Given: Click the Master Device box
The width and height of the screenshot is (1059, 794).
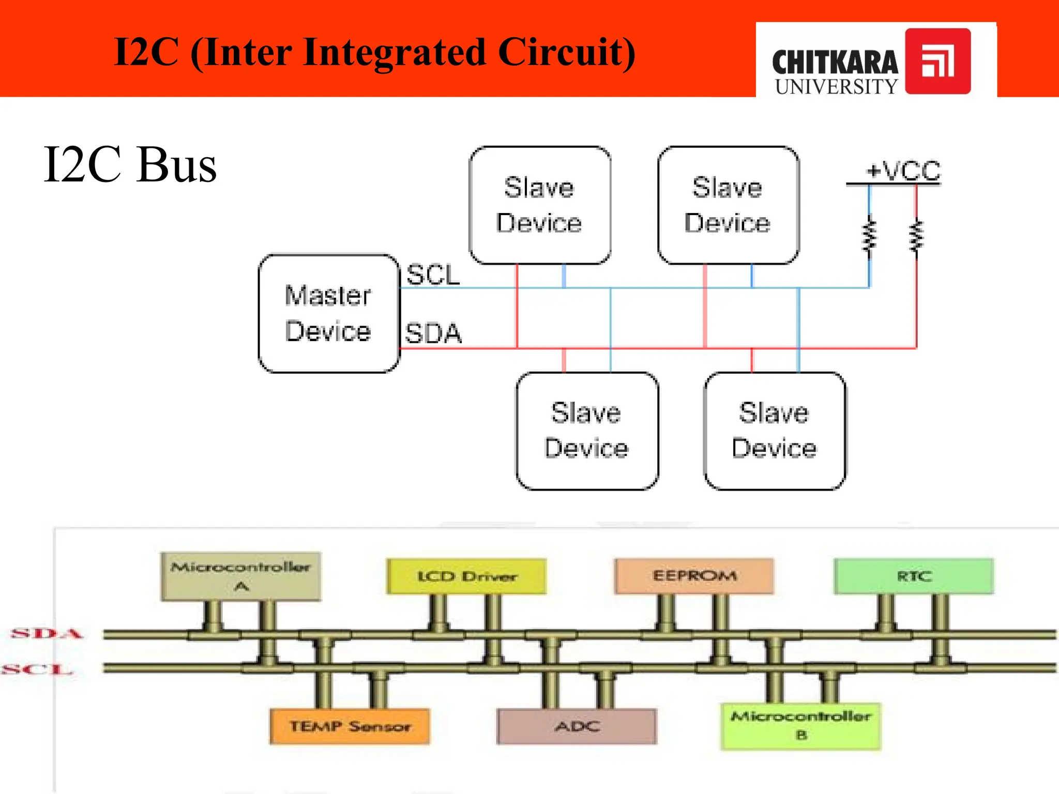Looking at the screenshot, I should pyautogui.click(x=329, y=313).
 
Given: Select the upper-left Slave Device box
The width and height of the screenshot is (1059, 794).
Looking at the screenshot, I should pyautogui.click(x=540, y=205).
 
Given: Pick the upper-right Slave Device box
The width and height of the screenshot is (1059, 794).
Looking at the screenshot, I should pyautogui.click(x=728, y=205).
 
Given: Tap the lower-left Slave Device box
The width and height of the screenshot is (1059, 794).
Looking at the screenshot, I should pyautogui.click(x=587, y=431).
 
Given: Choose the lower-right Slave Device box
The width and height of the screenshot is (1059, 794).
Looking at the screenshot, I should pyautogui.click(x=775, y=431).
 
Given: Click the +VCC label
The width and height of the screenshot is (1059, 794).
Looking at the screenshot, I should pyautogui.click(x=903, y=171).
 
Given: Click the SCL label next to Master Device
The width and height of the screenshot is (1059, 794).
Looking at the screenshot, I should pyautogui.click(x=433, y=274).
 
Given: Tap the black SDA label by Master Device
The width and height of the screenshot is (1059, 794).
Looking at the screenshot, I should pyautogui.click(x=433, y=333).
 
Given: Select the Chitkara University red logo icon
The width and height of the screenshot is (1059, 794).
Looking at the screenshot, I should pyautogui.click(x=937, y=61).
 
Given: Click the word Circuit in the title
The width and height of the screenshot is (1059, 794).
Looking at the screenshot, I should pyautogui.click(x=566, y=53).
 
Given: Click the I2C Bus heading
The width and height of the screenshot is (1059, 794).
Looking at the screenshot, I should pyautogui.click(x=130, y=164).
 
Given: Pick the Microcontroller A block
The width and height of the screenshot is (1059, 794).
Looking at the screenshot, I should pyautogui.click(x=240, y=576).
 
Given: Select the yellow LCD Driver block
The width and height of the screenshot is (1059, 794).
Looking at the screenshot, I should pyautogui.click(x=466, y=576).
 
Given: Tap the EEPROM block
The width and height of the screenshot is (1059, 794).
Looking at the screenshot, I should pyautogui.click(x=694, y=576).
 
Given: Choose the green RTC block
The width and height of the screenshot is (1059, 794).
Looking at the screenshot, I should pyautogui.click(x=914, y=576).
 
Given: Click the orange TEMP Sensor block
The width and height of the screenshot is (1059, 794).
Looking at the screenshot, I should pyautogui.click(x=350, y=726).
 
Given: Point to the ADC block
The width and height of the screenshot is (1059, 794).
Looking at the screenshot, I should pyautogui.click(x=577, y=726).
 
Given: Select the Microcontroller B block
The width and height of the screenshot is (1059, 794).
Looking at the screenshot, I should pyautogui.click(x=800, y=725).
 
